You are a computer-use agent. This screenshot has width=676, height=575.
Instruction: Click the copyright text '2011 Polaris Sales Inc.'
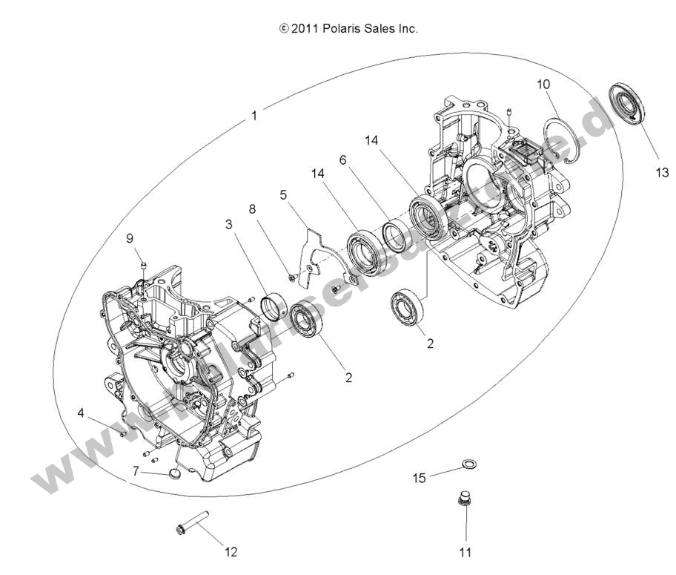(x=348, y=29)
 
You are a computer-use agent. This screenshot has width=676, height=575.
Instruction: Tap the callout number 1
(x=254, y=116)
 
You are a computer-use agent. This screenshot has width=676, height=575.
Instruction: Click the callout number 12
(x=231, y=551)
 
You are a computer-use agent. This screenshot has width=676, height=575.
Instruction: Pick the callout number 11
(x=465, y=551)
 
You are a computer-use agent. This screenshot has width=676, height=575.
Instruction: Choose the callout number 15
(x=420, y=478)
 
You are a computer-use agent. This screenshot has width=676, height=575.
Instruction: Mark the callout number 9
(x=130, y=238)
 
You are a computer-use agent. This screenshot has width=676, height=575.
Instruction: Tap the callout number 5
(x=282, y=194)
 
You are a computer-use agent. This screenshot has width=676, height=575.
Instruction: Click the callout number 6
(x=343, y=160)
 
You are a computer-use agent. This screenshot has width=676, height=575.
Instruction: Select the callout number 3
(x=229, y=224)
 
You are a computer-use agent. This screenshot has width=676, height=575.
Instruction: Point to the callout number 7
(x=136, y=470)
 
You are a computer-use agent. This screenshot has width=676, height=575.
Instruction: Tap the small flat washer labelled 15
(x=468, y=464)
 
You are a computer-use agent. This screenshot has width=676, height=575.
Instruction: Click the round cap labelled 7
(x=175, y=472)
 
